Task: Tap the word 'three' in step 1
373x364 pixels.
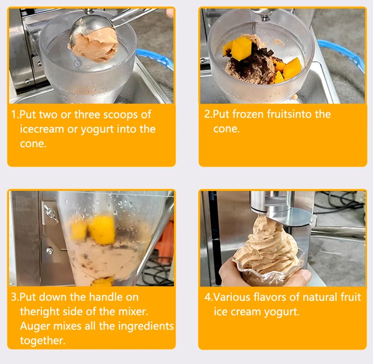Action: [x=87, y=115]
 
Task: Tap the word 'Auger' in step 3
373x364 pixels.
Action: [x=35, y=326]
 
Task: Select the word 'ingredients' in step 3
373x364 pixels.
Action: [x=146, y=326]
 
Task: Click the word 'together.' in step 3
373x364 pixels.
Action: [x=43, y=341]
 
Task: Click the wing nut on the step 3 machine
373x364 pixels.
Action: [x=51, y=213]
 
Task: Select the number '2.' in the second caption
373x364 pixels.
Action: [x=208, y=114]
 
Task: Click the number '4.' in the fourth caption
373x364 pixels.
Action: [x=208, y=297]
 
